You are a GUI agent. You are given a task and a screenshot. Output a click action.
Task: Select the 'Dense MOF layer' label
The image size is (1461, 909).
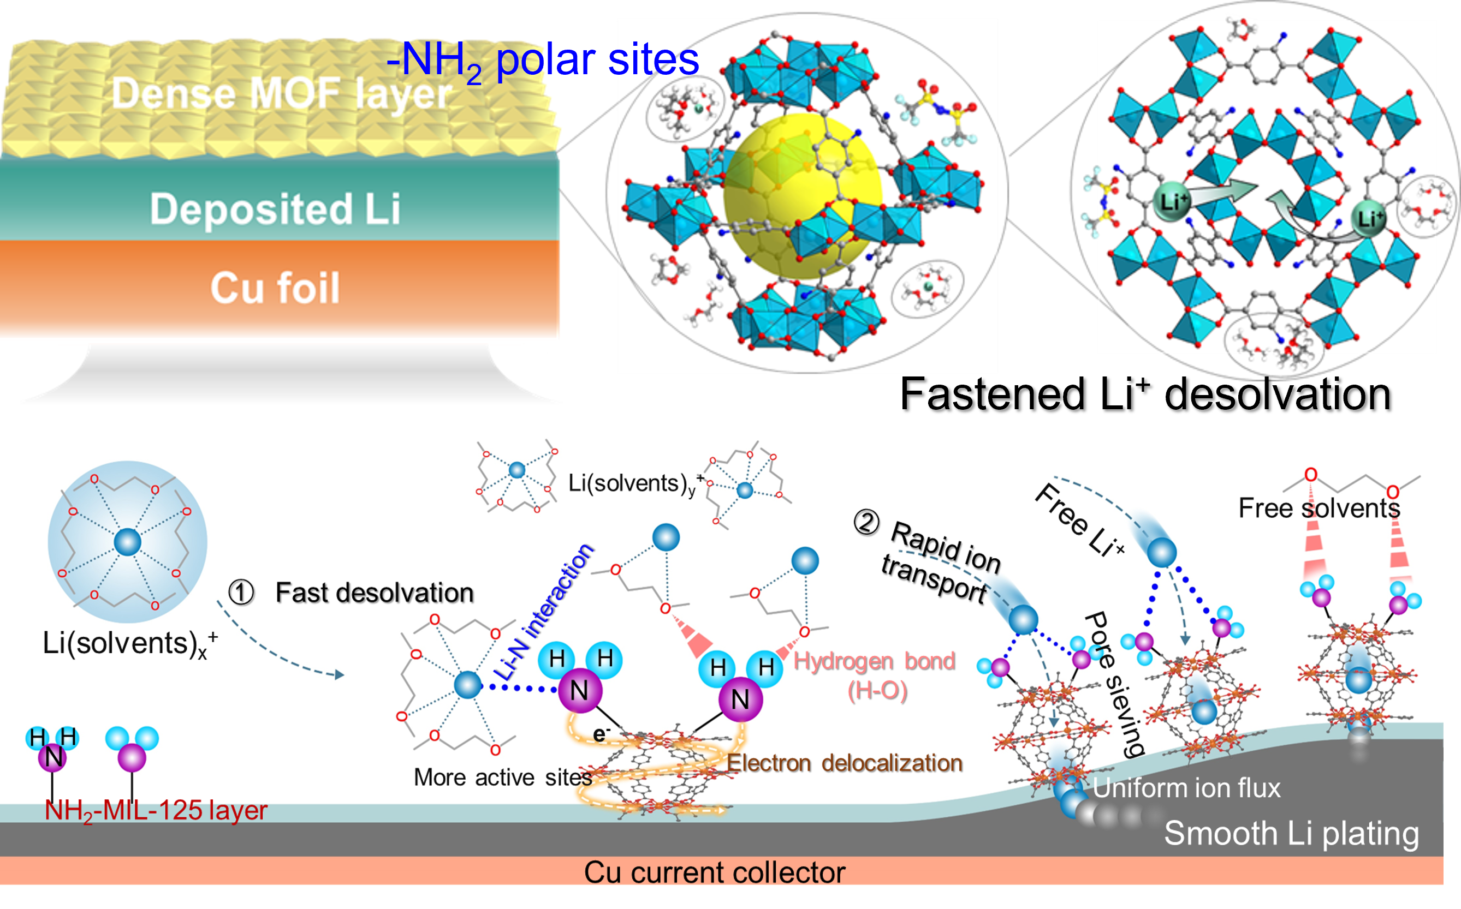pyautogui.click(x=282, y=94)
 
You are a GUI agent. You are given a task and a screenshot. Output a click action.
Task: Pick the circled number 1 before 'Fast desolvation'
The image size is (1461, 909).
pyautogui.click(x=241, y=592)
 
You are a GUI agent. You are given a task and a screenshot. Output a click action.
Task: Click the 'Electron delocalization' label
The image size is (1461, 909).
pyautogui.click(x=844, y=762)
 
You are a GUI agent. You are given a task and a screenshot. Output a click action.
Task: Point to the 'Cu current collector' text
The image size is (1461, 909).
pyautogui.click(x=714, y=872)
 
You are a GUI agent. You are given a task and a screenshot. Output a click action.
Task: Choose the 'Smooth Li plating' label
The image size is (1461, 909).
pyautogui.click(x=1291, y=833)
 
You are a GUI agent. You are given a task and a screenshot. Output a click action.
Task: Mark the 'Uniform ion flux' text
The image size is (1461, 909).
pyautogui.click(x=1186, y=787)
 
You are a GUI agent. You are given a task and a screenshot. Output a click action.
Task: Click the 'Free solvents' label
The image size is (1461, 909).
pyautogui.click(x=1319, y=508)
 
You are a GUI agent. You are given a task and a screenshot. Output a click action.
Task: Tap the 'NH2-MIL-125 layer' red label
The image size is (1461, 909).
pyautogui.click(x=156, y=810)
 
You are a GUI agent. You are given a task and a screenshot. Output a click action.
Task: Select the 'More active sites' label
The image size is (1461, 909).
pyautogui.click(x=502, y=778)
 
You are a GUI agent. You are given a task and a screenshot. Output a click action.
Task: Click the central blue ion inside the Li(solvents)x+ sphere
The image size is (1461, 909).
pyautogui.click(x=128, y=542)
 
